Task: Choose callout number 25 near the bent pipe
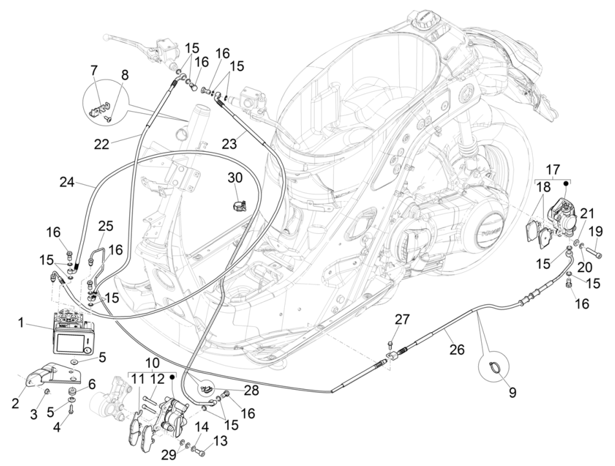(x=105, y=227)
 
